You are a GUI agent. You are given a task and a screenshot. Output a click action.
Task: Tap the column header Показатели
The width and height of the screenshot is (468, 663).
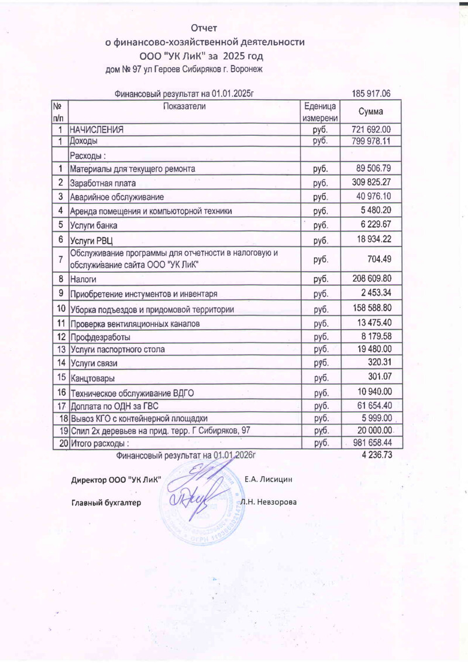184,107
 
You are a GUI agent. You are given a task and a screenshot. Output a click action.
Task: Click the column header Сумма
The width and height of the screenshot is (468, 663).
371,111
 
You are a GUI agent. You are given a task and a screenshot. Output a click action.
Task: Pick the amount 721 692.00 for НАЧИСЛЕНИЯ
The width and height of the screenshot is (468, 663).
371,130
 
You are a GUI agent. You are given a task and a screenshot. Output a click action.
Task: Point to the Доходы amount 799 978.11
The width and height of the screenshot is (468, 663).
371,141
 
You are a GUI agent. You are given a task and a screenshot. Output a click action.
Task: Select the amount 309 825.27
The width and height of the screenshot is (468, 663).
371,182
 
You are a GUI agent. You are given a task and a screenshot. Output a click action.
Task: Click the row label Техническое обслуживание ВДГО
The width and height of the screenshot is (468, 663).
128,392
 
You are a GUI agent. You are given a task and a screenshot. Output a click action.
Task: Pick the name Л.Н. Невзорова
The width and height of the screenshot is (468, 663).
269,503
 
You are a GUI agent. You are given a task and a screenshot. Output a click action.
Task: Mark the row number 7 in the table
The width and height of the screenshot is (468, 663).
60,258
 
